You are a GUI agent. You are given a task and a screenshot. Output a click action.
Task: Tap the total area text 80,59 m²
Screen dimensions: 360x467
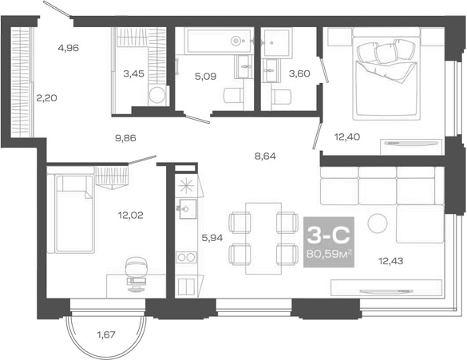point(329,255)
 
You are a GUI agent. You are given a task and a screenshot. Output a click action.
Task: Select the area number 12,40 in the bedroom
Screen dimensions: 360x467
point(348,137)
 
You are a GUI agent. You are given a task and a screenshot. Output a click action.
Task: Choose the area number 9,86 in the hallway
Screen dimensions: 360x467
point(125,137)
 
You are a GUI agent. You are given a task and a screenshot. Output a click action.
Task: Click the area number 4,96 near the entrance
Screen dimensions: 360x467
point(68,48)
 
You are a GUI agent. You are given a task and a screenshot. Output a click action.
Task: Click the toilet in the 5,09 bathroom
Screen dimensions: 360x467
point(232,97)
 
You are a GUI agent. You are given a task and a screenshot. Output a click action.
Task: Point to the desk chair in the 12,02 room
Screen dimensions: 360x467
point(136,267)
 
